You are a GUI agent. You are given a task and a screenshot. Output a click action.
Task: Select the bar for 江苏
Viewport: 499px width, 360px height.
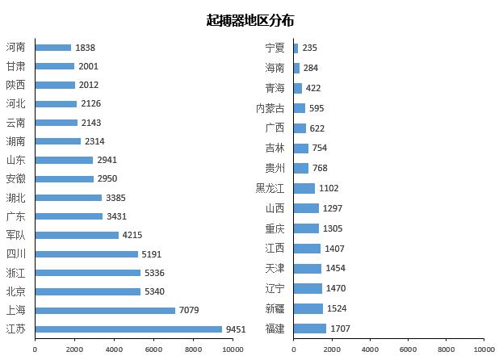pos(128,329)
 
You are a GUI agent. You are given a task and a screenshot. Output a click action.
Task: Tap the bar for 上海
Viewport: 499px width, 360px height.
pos(105,310)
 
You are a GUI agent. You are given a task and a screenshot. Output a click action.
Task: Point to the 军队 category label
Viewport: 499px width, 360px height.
pos(16,235)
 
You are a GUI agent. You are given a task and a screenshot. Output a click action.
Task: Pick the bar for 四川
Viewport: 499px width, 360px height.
pos(86,253)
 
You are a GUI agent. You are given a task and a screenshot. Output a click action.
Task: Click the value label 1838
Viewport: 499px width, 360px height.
pos(85,48)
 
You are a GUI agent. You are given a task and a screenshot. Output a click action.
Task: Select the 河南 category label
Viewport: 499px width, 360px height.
pos(16,48)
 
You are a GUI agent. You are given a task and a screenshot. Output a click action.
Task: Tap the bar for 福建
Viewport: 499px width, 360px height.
pos(310,329)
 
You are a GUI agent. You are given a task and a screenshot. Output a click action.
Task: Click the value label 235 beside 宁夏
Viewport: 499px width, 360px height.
pos(309,48)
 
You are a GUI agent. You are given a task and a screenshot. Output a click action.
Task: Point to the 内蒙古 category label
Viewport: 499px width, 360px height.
pos(270,108)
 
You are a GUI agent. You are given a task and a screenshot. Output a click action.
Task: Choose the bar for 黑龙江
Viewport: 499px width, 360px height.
pos(304,188)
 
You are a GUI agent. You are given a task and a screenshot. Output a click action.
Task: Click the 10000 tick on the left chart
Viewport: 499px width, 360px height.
pos(233,349)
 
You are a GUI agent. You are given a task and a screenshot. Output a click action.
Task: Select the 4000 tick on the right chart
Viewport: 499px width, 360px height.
pos(370,349)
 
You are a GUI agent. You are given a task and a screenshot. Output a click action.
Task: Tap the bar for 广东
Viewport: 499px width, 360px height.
pos(69,216)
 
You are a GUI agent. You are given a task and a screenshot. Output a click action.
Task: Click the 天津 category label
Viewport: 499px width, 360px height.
pos(275,268)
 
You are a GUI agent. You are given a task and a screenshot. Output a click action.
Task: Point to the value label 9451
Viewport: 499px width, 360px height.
pos(236,329)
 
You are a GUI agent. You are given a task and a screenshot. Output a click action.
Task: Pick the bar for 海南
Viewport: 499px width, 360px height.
pos(296,68)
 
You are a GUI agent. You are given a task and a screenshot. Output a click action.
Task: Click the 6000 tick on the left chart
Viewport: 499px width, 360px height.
pos(154,349)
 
